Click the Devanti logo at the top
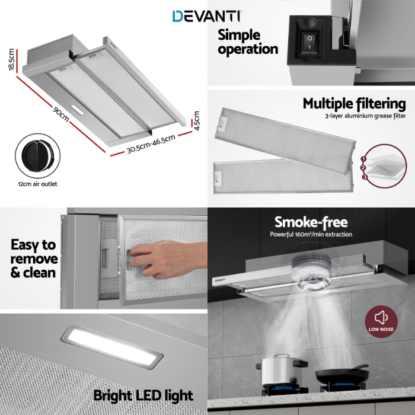[x=206, y=16]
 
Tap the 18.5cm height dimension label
[x=11, y=59]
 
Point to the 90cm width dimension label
[x=61, y=114]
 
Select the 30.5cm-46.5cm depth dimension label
[x=151, y=143]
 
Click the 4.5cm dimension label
[x=196, y=121]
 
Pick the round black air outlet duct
[x=37, y=156]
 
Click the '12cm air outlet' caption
[x=37, y=184]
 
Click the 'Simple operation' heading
[x=248, y=42]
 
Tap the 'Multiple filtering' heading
[x=354, y=104]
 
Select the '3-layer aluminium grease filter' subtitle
[x=365, y=116]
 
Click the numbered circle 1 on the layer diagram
[x=363, y=159]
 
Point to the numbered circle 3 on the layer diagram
[x=365, y=177]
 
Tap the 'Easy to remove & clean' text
[x=34, y=258]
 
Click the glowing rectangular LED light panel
[x=112, y=346]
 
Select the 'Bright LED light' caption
[x=143, y=395]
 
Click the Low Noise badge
[x=381, y=321]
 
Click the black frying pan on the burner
[x=342, y=373]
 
